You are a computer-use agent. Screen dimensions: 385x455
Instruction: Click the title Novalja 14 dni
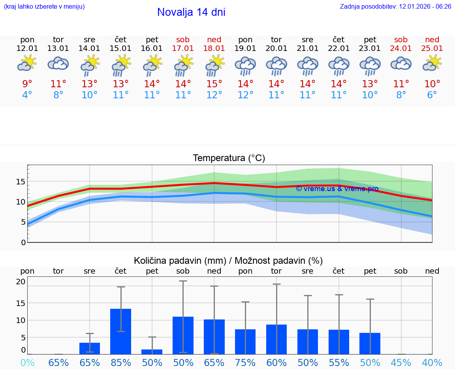pos(191,12)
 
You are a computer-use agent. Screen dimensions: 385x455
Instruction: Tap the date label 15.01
pos(120,49)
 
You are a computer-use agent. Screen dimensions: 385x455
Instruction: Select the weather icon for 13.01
pos(58,64)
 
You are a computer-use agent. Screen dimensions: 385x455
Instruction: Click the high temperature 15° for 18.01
pos(214,84)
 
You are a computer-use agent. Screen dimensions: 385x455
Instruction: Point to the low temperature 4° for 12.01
pos(27,95)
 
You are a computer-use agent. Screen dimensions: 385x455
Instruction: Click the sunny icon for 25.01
pos(432,64)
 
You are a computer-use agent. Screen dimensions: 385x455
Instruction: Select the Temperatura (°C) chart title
pos(229,158)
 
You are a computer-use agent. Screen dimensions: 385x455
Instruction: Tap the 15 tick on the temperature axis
pos(21,182)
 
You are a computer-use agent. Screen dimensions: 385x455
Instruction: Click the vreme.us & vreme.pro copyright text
pos(337,189)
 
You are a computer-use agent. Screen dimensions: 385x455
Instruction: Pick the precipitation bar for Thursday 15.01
pos(120,332)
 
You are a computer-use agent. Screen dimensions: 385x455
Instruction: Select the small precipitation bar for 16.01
pos(152,352)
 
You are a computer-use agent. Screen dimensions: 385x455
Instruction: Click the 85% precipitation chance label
pos(120,362)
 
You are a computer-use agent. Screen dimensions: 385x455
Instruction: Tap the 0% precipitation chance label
pos(27,362)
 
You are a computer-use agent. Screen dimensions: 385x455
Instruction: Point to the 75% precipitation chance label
pos(245,362)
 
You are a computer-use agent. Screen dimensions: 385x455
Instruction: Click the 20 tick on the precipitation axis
pos(21,282)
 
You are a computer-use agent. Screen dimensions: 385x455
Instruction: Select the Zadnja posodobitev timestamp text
pos(395,7)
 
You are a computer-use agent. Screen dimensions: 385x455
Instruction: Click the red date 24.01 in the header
pos(401,49)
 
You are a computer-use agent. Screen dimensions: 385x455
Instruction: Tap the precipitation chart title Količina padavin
pos(228,261)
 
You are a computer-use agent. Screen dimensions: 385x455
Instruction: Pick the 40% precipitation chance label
pos(432,362)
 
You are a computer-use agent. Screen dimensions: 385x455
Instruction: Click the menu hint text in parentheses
pos(44,7)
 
